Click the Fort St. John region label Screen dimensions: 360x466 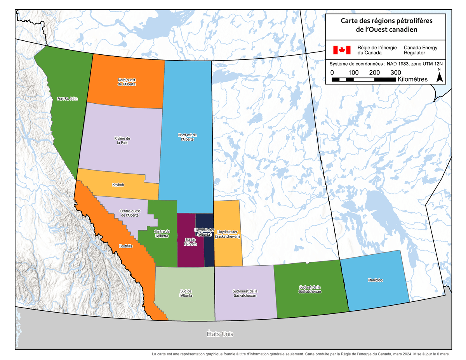67,99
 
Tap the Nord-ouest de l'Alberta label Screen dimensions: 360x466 127,82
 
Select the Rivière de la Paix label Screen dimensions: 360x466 122,141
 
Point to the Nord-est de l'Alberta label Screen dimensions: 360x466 188,137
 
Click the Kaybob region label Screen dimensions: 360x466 118,185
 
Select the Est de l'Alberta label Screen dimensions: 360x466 190,242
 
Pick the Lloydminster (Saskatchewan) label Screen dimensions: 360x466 228,234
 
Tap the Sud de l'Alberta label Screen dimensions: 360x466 186,293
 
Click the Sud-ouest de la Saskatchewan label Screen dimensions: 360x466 245,293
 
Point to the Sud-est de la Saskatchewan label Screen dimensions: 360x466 310,289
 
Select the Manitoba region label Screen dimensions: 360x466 375,280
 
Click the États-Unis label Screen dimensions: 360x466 220,334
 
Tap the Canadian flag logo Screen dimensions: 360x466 342,50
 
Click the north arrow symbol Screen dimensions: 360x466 440,77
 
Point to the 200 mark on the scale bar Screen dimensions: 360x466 374,73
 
